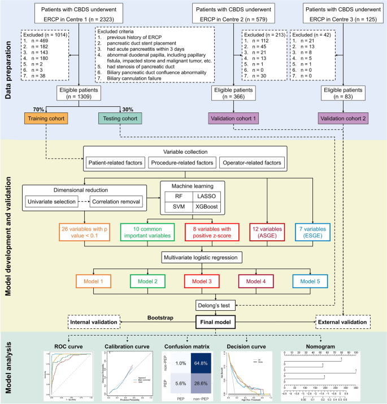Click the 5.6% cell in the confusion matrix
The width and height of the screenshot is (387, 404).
[x=181, y=383]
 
